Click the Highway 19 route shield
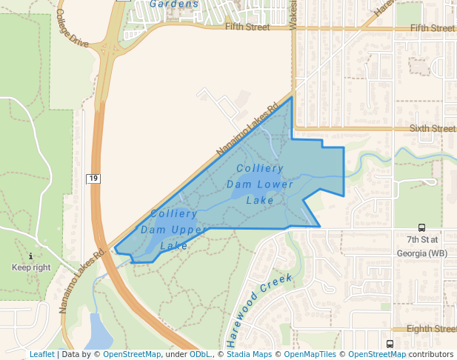tap(93, 179)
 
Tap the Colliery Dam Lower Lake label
tap(260, 184)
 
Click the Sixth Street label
tap(433, 128)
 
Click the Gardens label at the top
tap(174, 4)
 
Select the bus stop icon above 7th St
tap(421, 228)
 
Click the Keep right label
tap(31, 267)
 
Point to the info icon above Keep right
tap(30, 256)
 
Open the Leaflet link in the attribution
tap(41, 354)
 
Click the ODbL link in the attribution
tap(200, 354)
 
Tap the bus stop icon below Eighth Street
tap(390, 344)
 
